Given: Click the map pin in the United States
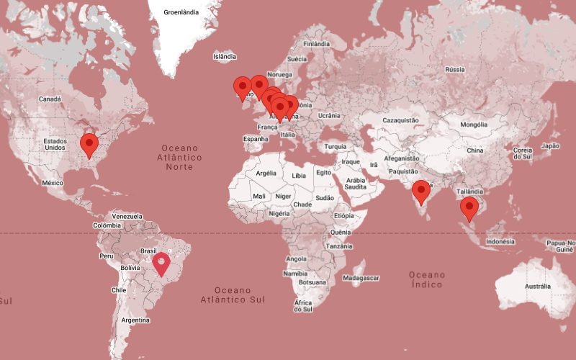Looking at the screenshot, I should tap(89, 144).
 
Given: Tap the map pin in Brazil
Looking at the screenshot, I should tap(162, 263).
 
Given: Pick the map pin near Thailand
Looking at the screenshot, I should tap(469, 208).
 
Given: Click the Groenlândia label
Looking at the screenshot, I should tap(181, 12).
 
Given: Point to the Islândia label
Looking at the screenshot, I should tap(225, 56).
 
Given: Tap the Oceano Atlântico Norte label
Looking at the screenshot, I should tap(179, 157).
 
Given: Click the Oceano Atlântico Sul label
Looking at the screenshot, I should tap(232, 294).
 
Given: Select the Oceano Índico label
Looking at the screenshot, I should tap(427, 279).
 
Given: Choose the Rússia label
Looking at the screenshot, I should tap(454, 69).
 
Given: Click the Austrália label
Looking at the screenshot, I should tap(537, 287).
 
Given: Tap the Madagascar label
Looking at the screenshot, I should tap(361, 277).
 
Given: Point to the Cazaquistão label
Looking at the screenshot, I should tap(400, 120).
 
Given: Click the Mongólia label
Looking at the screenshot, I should tap(474, 125).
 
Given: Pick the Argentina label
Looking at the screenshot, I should tap(135, 320).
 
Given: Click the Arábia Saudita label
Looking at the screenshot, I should tap(356, 183).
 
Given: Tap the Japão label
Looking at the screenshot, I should tap(550, 145).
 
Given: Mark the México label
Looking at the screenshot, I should tap(53, 183).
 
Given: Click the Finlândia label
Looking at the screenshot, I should tap(317, 43).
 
